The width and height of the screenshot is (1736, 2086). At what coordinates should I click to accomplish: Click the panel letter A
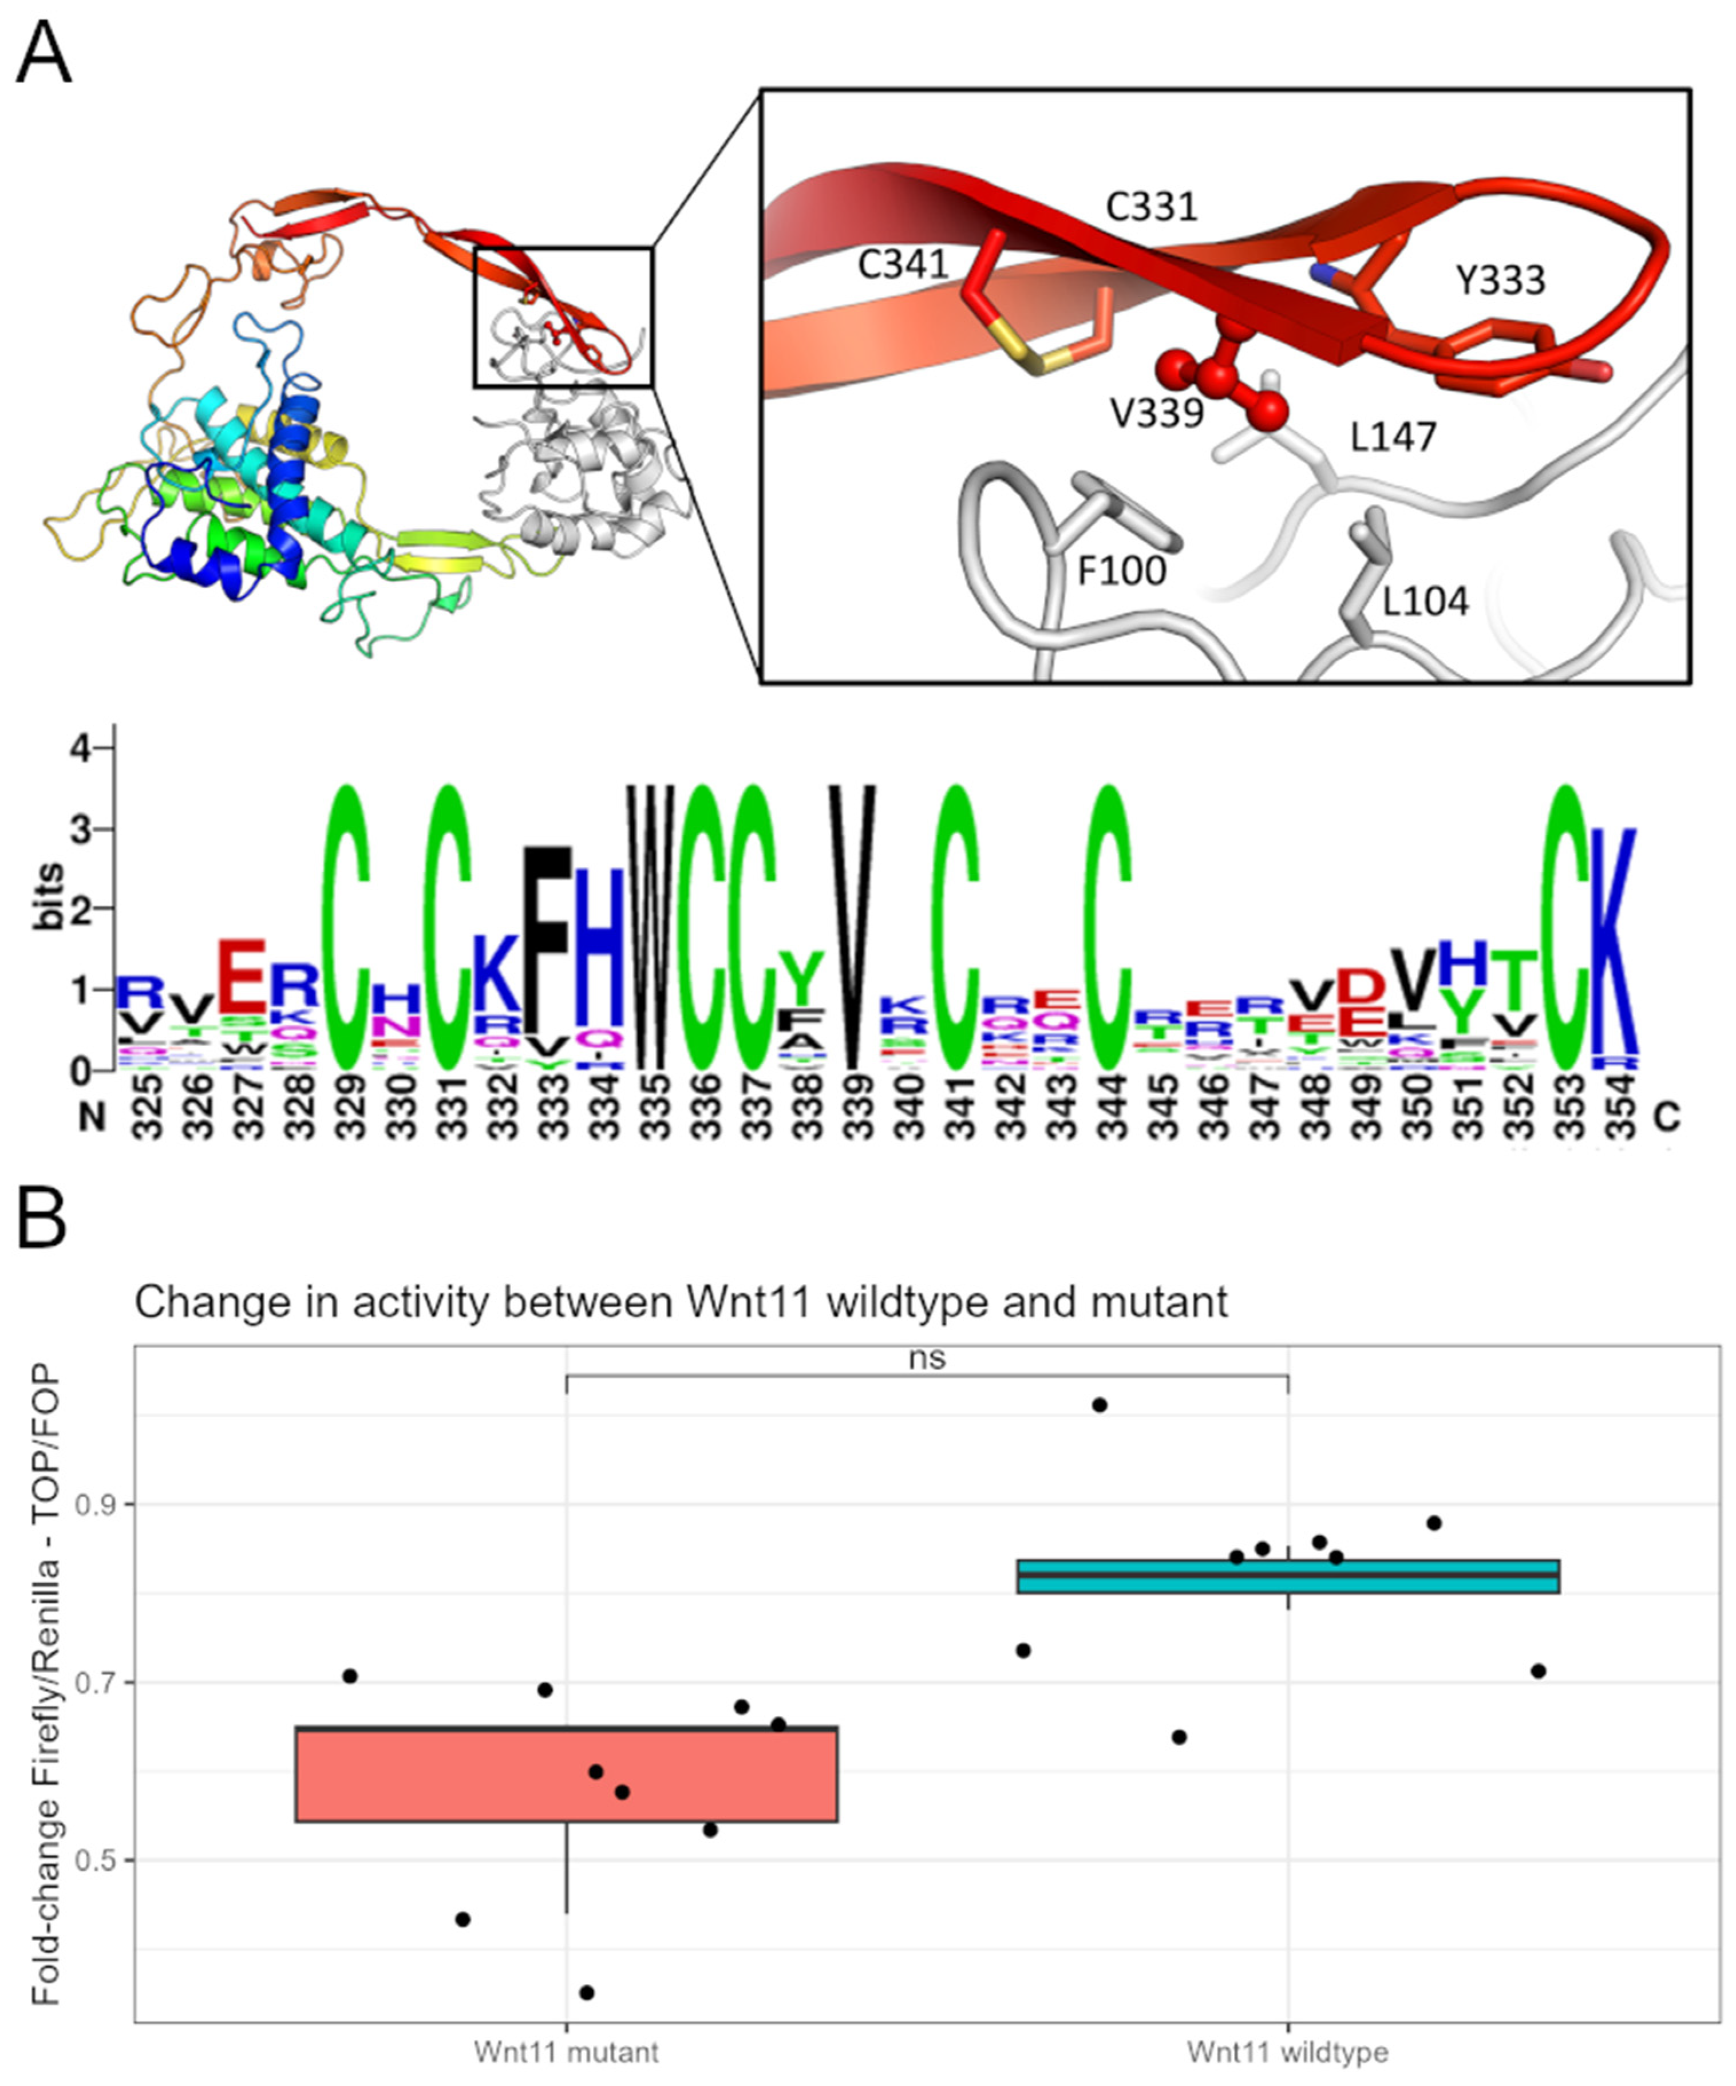click(x=44, y=54)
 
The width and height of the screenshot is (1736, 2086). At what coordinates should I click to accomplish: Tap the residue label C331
click(x=1152, y=207)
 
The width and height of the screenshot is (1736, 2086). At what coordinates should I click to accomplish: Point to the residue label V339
click(x=1157, y=412)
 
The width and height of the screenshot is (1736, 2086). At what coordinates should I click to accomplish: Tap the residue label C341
click(x=903, y=265)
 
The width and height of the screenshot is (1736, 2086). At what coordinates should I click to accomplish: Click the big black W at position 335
click(x=651, y=924)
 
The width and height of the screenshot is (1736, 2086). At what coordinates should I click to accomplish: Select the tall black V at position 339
click(x=852, y=924)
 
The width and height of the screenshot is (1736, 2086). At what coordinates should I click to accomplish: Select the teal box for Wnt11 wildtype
click(x=1288, y=1577)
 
